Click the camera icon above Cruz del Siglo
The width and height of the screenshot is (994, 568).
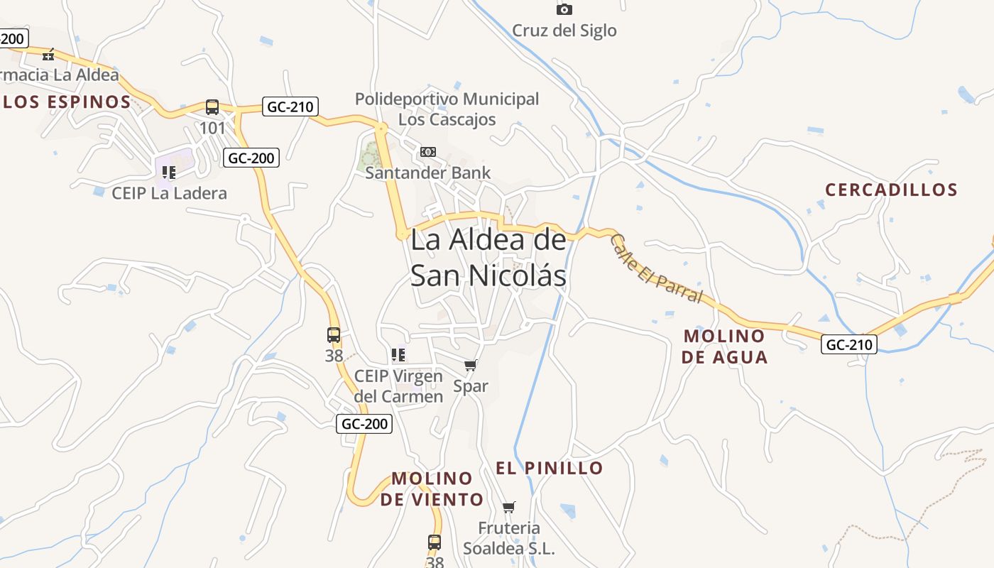(564, 9)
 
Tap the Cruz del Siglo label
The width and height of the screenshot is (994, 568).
(564, 31)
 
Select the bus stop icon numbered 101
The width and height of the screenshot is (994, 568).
(212, 107)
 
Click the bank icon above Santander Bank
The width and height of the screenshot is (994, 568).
(427, 152)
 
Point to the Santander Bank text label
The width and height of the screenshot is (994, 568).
(427, 173)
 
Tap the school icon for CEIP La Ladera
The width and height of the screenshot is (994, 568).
(168, 173)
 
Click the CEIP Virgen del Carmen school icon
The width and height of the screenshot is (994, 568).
(398, 354)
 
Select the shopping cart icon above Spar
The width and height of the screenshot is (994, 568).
(470, 366)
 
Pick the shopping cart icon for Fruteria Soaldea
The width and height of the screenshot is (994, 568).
(508, 507)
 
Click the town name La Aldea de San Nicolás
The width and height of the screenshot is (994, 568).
(488, 258)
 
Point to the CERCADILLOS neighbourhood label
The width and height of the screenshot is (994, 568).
(891, 190)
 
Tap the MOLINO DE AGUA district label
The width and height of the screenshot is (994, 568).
(724, 346)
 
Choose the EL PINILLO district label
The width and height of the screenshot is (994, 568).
(549, 468)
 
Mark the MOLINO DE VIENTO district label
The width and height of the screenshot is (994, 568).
(432, 488)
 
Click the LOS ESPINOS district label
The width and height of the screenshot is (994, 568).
(67, 102)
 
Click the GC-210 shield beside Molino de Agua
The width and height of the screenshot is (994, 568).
(849, 345)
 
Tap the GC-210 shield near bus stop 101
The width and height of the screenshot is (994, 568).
(290, 107)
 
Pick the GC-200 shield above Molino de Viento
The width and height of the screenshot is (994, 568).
(364, 424)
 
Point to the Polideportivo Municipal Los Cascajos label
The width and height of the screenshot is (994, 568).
(447, 109)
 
